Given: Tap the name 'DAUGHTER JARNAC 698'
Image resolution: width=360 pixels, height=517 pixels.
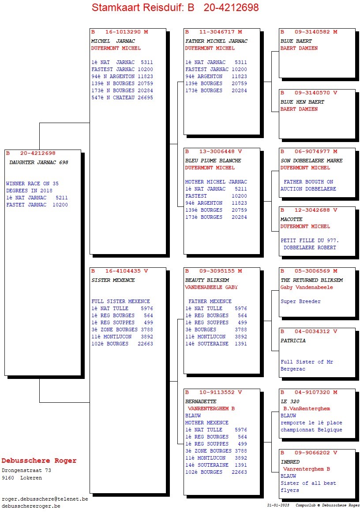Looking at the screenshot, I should coord(39,163).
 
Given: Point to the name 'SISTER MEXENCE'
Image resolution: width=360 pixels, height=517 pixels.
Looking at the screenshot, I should coord(113,281).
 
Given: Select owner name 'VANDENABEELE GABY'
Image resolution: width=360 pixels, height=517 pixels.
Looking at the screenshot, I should coord(211,288).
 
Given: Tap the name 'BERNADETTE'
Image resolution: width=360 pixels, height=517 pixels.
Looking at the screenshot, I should coord(201,402).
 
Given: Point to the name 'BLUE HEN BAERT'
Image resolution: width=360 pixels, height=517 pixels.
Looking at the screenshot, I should coord(302,102).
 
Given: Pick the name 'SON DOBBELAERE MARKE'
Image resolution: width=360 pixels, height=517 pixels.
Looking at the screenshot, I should coord(311,161).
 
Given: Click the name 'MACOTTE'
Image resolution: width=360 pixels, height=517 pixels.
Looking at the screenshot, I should coord(292,220).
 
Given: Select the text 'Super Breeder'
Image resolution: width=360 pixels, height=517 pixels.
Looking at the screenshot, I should coord(300,302).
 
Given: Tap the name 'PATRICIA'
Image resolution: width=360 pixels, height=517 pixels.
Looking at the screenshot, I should coord(293,341).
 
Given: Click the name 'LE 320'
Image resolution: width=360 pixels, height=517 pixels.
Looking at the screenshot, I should coord(290,402).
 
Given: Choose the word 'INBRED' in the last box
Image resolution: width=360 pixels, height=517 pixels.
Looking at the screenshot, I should coord(290,462).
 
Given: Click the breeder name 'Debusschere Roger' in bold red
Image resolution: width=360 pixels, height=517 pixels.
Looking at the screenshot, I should coord(39,461).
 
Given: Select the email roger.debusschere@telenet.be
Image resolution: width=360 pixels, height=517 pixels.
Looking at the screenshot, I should coord(45,499).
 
